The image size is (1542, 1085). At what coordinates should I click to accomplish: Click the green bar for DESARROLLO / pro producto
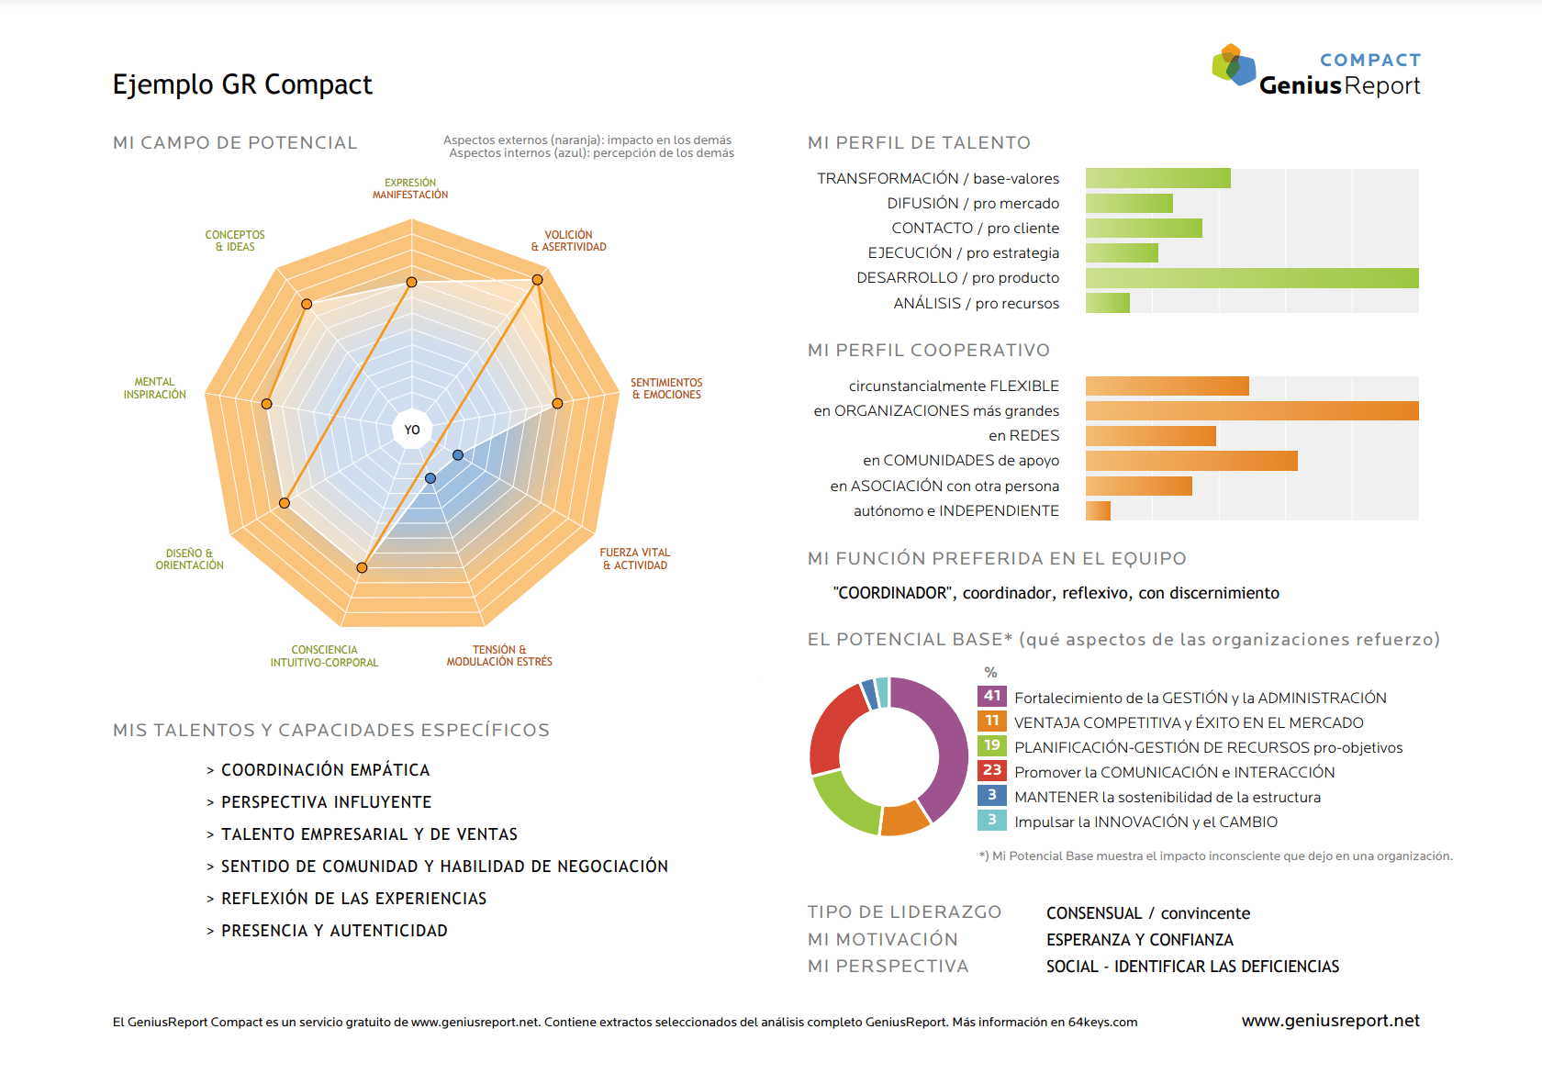1252,277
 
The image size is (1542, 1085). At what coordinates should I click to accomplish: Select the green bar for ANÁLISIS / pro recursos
1108,303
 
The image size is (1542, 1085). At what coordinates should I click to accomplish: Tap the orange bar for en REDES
1151,436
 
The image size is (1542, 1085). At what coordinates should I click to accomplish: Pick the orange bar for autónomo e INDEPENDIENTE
1098,510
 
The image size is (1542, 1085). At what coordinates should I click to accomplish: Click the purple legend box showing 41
992,696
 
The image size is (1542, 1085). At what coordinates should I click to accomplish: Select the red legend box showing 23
992,770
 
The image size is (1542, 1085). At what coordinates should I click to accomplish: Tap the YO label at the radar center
411,430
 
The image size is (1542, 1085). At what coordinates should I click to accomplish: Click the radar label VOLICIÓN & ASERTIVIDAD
569,240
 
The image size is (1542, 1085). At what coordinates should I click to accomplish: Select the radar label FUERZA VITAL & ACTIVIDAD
634,559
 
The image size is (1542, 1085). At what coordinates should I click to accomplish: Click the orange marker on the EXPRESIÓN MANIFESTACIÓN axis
411,282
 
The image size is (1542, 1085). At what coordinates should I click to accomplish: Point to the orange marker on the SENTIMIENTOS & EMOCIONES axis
558,404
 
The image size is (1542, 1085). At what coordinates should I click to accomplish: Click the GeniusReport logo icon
1234,65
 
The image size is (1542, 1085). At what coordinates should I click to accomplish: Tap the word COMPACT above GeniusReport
1369,61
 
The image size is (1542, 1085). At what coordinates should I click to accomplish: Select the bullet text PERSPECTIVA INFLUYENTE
327,802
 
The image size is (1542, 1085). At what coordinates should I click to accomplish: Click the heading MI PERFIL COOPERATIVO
929,351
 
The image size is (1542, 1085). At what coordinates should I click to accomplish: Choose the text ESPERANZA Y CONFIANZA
1140,940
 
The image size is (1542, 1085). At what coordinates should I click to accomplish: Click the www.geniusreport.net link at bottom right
1331,1021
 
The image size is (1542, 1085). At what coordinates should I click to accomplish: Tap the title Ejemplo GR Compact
242,84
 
